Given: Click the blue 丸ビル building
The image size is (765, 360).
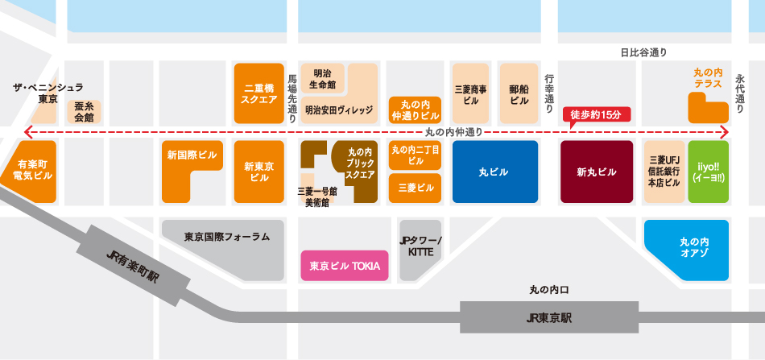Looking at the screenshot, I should click(x=494, y=172).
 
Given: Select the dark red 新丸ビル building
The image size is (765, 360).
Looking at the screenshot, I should click(x=597, y=172).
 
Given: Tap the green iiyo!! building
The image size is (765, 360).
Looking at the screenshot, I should click(x=709, y=172).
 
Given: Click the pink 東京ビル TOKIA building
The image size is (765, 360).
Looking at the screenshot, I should click(x=345, y=265).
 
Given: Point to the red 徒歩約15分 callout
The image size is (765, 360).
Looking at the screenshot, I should click(x=596, y=115).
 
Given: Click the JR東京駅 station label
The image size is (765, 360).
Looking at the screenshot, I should click(x=549, y=317).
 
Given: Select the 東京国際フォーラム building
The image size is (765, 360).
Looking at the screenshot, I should click(x=226, y=237).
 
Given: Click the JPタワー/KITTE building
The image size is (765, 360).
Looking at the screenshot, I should click(x=421, y=246).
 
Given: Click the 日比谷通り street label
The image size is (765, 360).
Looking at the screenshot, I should click(x=643, y=53).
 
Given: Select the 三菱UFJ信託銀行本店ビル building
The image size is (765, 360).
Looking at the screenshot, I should click(x=664, y=172).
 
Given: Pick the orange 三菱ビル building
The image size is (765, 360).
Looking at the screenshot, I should click(x=416, y=188).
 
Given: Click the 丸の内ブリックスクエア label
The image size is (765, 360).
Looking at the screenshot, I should click(x=360, y=161).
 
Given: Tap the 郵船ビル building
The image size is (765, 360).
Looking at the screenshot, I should click(x=519, y=93).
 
